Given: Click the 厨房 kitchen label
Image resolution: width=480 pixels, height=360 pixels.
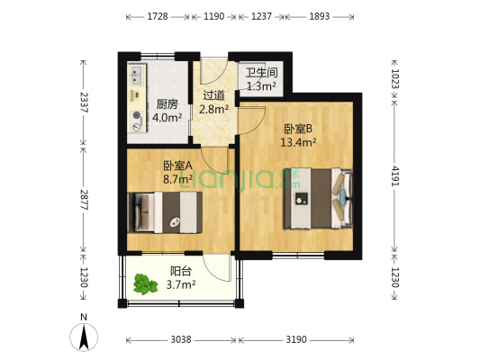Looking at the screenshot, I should [167, 103].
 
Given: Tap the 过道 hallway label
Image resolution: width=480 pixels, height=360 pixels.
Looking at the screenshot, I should [213, 95].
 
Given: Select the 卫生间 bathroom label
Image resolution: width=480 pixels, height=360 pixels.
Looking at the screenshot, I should [261, 73].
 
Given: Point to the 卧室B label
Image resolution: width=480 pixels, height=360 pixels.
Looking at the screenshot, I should [297, 128].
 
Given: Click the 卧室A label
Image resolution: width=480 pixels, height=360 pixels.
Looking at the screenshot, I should [177, 166].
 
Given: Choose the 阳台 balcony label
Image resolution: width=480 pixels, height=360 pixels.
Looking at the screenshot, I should [180, 272].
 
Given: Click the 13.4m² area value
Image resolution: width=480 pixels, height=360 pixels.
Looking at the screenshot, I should [297, 141].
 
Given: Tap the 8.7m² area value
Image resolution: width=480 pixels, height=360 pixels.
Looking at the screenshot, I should [177, 179].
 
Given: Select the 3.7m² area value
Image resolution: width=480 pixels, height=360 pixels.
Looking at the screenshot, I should [180, 285].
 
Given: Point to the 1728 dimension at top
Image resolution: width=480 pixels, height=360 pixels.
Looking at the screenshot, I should [158, 16].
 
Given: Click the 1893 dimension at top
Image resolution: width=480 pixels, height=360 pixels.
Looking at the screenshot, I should [320, 16].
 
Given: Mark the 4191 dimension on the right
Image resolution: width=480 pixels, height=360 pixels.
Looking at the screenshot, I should [397, 173].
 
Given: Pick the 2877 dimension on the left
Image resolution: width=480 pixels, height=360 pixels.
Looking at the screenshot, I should [83, 200].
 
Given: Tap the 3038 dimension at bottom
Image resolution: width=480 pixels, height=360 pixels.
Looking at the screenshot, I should [181, 340].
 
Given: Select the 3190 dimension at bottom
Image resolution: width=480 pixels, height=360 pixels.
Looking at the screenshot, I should [296, 340].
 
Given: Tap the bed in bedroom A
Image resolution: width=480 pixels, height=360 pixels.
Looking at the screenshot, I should [167, 212].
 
